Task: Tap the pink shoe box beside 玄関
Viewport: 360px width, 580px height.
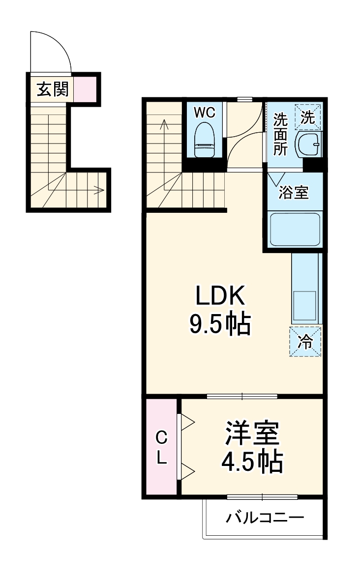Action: point(85,89)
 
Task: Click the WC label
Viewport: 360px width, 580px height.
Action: point(204,113)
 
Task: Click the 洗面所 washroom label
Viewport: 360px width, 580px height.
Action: point(280,134)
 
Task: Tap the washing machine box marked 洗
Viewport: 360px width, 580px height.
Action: point(307,117)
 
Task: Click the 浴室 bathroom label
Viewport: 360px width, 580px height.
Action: point(293,193)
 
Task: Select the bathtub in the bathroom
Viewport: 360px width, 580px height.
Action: point(295,230)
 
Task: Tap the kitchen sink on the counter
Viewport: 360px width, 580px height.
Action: point(304,305)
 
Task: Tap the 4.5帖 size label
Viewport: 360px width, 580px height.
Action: point(252,461)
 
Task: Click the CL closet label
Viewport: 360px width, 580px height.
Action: point(161,447)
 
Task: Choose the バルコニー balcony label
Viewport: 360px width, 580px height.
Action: point(265,518)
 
